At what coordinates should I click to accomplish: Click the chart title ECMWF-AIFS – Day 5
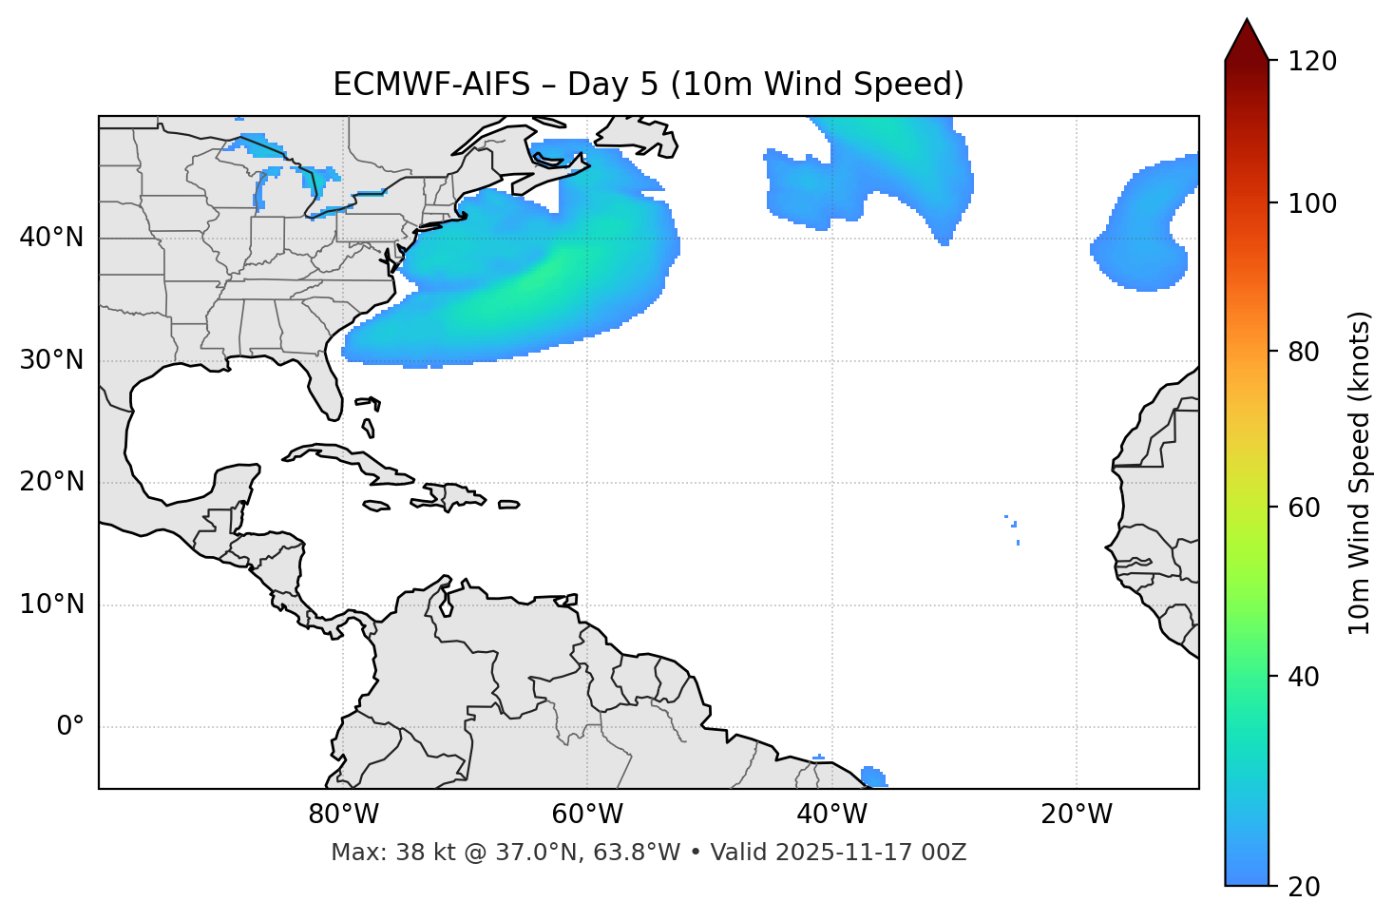(x=648, y=85)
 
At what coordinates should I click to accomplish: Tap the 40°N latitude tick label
(x=51, y=237)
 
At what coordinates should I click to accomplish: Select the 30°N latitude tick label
(x=51, y=360)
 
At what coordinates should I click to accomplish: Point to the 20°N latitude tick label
(x=51, y=482)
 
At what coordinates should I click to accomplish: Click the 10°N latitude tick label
(x=51, y=604)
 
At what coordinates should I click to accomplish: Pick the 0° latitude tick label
(x=69, y=727)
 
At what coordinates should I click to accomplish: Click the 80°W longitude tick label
(x=343, y=815)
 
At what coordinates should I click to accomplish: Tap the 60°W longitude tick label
(x=587, y=815)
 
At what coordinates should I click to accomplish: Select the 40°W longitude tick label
(x=831, y=815)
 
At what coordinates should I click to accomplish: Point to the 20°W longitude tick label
(x=1076, y=815)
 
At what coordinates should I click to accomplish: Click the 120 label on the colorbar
(x=1312, y=61)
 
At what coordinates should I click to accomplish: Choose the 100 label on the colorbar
(x=1312, y=203)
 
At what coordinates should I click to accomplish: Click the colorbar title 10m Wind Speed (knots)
(x=1360, y=472)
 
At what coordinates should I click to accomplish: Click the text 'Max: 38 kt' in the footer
(x=377, y=853)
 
